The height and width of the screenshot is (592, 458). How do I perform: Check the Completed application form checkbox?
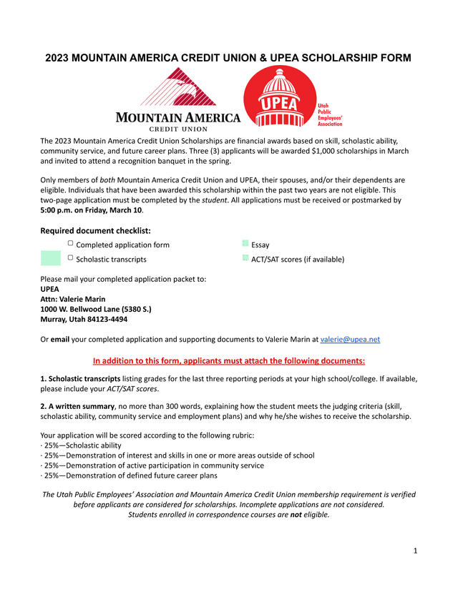click(x=70, y=245)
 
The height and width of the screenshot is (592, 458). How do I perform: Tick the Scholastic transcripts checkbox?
click(x=70, y=258)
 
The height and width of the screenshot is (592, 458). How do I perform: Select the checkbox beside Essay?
click(x=245, y=245)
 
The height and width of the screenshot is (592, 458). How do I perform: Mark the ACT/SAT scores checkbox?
click(x=245, y=258)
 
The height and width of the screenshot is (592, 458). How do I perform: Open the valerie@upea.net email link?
click(x=350, y=340)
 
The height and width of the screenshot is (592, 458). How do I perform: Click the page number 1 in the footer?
click(x=414, y=551)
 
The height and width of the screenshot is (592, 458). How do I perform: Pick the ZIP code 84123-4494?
click(x=105, y=319)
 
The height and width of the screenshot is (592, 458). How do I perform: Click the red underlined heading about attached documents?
click(x=229, y=360)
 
